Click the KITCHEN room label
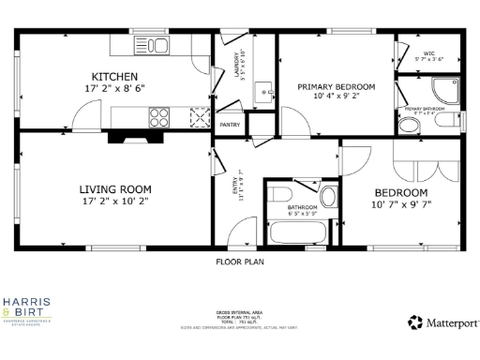pyautogui.click(x=115, y=76)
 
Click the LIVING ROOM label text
pyautogui.click(x=115, y=188)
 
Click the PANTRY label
pyautogui.click(x=230, y=125)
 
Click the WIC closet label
pyautogui.click(x=428, y=53)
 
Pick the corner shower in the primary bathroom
pyautogui.click(x=442, y=90)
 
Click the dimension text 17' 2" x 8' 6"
pyautogui.click(x=114, y=88)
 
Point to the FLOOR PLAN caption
pyautogui.click(x=240, y=262)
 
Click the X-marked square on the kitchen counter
pyautogui.click(x=198, y=116)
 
